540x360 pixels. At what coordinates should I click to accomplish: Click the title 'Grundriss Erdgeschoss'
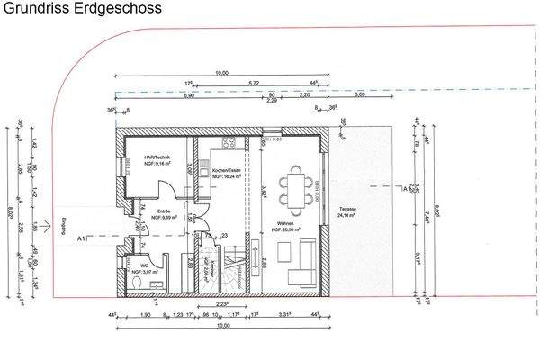coord(82,10)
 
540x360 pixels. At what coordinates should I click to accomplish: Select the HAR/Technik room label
coord(144,160)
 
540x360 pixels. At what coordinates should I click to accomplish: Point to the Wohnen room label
coord(285,227)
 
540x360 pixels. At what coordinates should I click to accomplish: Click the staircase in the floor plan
coord(235,265)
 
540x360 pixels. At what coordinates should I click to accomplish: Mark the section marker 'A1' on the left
coord(82,238)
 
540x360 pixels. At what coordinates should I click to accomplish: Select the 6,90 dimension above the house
coord(190,94)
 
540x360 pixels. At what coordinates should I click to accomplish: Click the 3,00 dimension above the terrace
coord(360,94)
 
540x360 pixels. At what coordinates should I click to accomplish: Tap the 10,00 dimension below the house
coord(220,327)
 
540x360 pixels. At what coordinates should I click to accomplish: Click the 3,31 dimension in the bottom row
coord(284,315)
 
